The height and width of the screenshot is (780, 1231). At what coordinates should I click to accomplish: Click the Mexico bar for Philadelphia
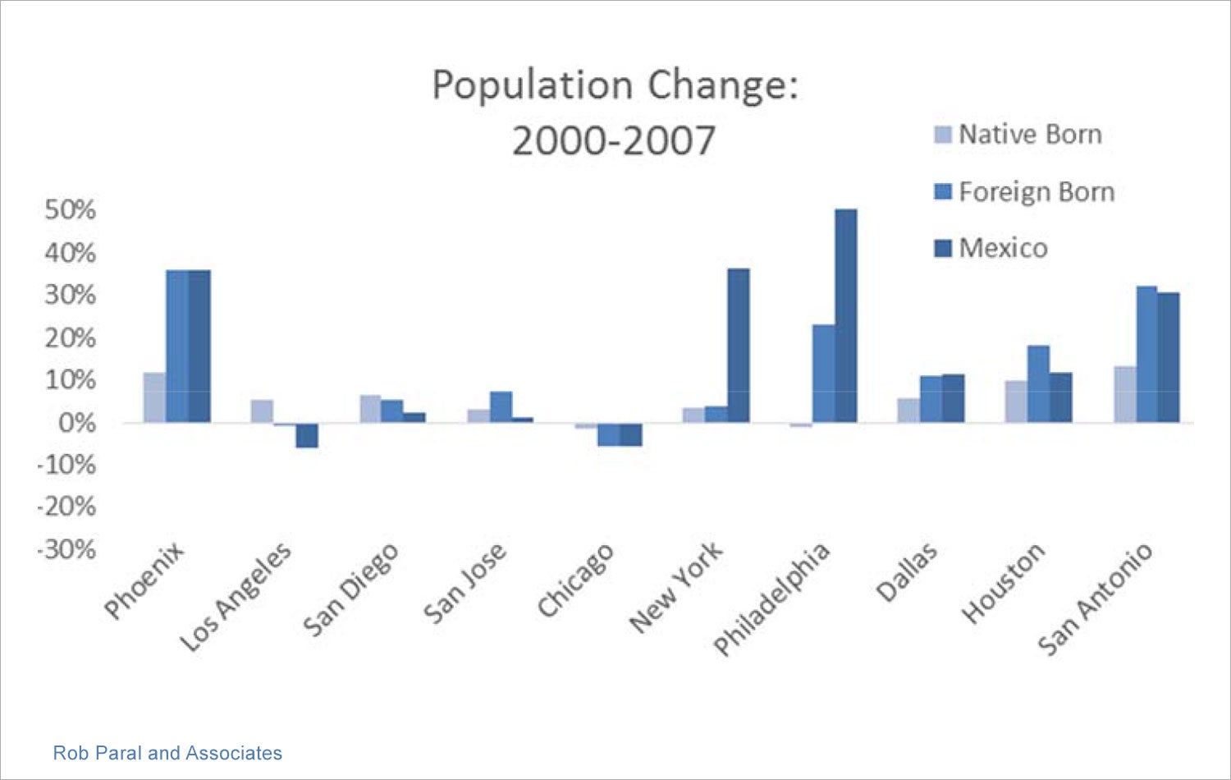tap(846, 316)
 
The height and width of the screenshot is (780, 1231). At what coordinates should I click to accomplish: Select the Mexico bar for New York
tap(739, 346)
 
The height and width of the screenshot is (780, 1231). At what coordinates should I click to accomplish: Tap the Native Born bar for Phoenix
tap(154, 398)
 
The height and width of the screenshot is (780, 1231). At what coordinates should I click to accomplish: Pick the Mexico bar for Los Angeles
tap(307, 435)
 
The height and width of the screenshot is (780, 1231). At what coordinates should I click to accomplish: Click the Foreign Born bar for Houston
tap(1038, 384)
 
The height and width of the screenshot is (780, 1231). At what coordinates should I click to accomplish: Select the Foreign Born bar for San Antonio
tap(1146, 355)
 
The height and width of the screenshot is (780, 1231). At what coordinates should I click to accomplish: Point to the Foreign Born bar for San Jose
tap(501, 407)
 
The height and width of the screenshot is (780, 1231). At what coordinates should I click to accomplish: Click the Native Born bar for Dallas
tap(908, 411)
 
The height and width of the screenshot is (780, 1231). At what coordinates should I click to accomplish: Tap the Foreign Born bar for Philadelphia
tap(824, 374)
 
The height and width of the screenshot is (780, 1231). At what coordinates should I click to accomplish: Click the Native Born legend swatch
tap(943, 135)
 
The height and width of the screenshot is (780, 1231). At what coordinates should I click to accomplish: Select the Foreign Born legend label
tap(1037, 192)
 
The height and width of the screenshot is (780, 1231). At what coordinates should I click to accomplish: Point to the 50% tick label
tap(70, 210)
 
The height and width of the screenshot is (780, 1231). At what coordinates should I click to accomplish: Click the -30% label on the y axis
tap(66, 549)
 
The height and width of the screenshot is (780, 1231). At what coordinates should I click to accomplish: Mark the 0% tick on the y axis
tap(76, 423)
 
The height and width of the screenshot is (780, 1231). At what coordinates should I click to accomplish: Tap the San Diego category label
tap(350, 589)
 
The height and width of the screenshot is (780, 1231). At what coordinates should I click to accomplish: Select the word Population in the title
tap(533, 85)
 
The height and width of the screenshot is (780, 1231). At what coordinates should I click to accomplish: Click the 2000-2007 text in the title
tap(614, 140)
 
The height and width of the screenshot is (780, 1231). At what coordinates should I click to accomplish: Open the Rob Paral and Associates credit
tap(167, 753)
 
